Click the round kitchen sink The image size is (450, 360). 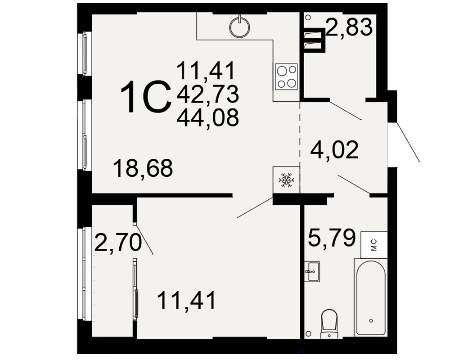click(240, 27)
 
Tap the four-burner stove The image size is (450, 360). click(286, 76)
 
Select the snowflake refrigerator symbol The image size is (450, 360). click(286, 180)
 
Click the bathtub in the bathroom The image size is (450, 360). click(371, 297)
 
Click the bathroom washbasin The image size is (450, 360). click(312, 271)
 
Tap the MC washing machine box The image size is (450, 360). click(374, 245)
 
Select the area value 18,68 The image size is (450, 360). click(143, 168)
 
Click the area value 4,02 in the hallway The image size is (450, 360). click(334, 149)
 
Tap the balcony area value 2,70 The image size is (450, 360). click(118, 243)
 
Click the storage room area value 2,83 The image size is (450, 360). click(349, 27)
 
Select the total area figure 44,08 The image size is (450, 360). click(208, 118)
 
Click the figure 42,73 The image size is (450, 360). click(208, 94)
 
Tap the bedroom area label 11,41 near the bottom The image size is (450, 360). click(187, 300)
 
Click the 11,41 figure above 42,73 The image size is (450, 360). click(206, 71)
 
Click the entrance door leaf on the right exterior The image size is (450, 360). click(408, 142)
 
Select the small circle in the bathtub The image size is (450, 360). click(371, 321)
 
